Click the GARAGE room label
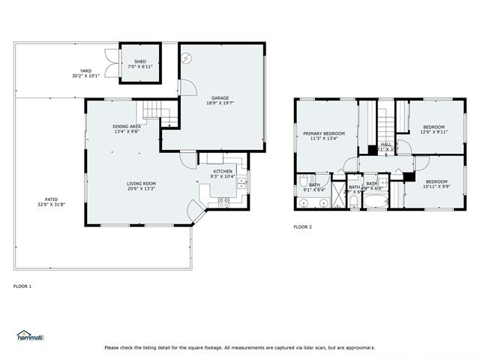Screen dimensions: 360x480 220,100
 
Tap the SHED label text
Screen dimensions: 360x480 140,64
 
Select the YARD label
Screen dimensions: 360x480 85,73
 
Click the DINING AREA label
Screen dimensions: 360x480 127,129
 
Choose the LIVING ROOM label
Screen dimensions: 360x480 140,186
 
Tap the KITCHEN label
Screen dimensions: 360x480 223,174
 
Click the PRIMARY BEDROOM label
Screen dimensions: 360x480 323,136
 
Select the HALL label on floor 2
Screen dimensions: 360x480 386,146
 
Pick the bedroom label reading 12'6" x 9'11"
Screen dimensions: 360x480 433,129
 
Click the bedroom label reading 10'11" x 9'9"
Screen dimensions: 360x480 436,184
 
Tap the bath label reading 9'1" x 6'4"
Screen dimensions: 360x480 313,187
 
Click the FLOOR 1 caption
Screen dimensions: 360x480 22,286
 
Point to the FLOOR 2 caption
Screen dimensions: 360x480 302,226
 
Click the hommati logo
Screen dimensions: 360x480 31,336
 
